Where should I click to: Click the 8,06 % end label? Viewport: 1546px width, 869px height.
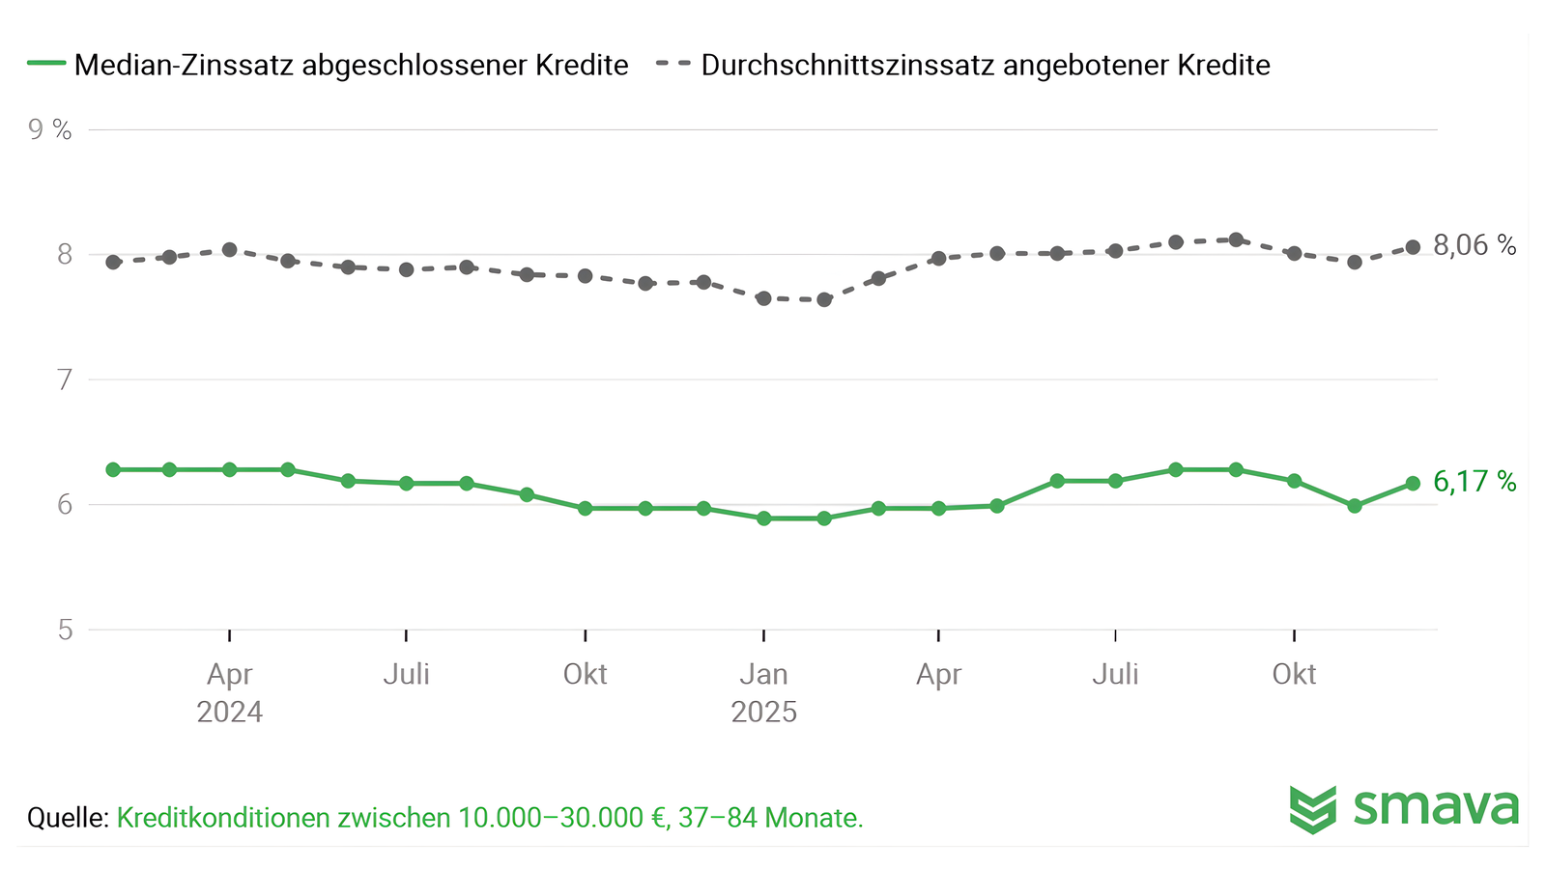click(x=1474, y=245)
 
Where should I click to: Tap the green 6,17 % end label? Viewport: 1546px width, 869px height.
click(x=1474, y=481)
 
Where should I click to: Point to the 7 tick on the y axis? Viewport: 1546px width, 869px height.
click(x=65, y=379)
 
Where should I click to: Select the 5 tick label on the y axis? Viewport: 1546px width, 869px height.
click(x=65, y=630)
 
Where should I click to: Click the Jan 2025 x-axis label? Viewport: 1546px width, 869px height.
click(x=763, y=692)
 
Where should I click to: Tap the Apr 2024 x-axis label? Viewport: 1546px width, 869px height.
click(x=229, y=692)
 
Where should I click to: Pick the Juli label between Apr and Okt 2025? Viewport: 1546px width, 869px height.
click(x=1115, y=674)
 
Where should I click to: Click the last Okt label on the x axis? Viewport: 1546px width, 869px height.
click(x=1294, y=674)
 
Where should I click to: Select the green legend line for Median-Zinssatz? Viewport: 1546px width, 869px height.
click(x=45, y=64)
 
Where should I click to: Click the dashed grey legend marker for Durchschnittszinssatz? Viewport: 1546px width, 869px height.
click(x=673, y=64)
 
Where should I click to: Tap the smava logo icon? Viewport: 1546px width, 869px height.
click(x=1313, y=809)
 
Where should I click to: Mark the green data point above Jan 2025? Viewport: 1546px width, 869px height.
click(x=763, y=519)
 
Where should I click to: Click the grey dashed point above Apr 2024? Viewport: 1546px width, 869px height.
click(x=230, y=250)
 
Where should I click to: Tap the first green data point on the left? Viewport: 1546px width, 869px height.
click(x=113, y=469)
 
